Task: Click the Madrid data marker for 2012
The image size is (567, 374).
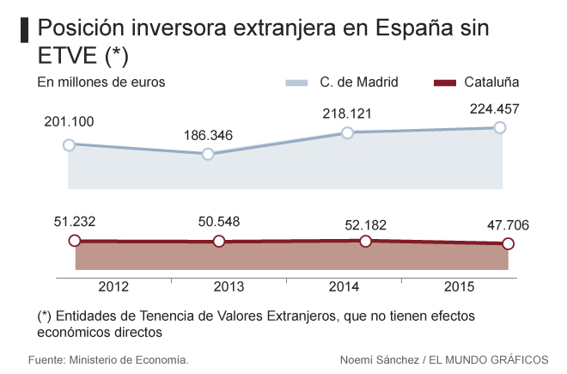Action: pos(68,144)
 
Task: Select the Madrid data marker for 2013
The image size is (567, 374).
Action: pos(208,154)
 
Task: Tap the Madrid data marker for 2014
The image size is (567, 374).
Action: pos(347,132)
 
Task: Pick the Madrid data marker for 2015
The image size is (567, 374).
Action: pos(500,127)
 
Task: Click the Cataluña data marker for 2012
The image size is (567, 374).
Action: pos(74,241)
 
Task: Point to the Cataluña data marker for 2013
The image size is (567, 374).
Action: pos(218,242)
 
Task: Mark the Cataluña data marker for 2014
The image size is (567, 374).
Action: pos(365,241)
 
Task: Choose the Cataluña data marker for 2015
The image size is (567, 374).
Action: pos(508,244)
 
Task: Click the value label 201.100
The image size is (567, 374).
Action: pos(69,121)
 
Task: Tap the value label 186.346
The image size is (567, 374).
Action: pos(208,135)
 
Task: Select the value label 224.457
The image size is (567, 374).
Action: pos(500,108)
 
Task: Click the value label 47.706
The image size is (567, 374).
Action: pos(507,225)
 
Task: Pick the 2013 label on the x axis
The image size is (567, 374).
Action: pos(229,286)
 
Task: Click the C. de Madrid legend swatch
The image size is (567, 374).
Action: pos(296,83)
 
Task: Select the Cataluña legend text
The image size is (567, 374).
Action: pos(491,83)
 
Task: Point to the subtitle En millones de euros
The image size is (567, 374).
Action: pos(101,83)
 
